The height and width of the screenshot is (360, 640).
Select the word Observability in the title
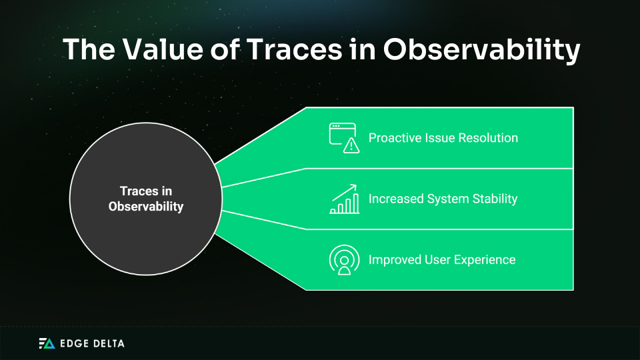[481, 50]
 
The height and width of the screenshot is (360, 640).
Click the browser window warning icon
[344, 138]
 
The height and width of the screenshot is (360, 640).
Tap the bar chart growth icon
[345, 199]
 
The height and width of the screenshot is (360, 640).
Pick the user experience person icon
[345, 260]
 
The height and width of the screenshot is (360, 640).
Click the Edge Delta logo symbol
[47, 343]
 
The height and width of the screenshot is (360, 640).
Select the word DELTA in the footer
[109, 343]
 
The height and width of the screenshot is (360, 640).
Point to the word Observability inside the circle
[146, 207]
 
